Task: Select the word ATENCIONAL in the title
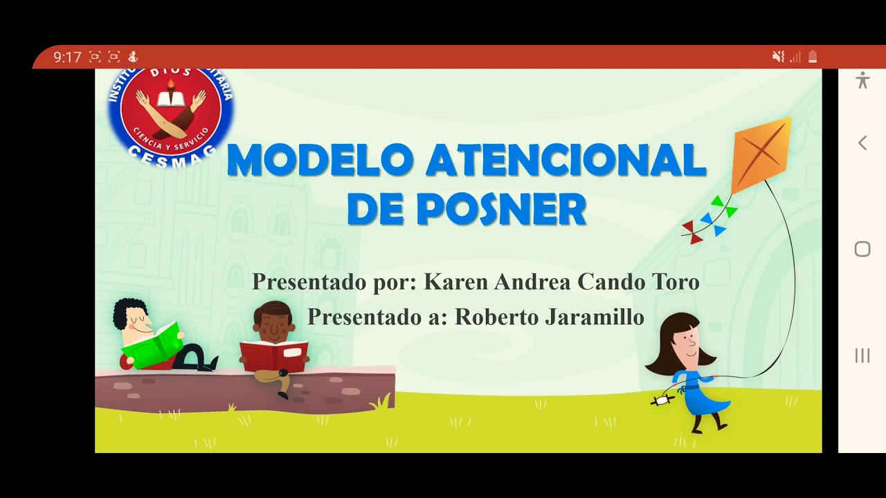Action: (x=566, y=160)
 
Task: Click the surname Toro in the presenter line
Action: (x=676, y=282)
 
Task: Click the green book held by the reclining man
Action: (x=152, y=344)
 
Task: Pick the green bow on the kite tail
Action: (x=723, y=206)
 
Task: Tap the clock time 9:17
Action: (x=67, y=57)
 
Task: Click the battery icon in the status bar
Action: (x=813, y=57)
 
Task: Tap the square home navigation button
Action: (x=862, y=249)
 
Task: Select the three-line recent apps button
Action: (x=862, y=356)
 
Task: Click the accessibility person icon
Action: (x=862, y=80)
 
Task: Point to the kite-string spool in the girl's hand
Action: (x=662, y=400)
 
